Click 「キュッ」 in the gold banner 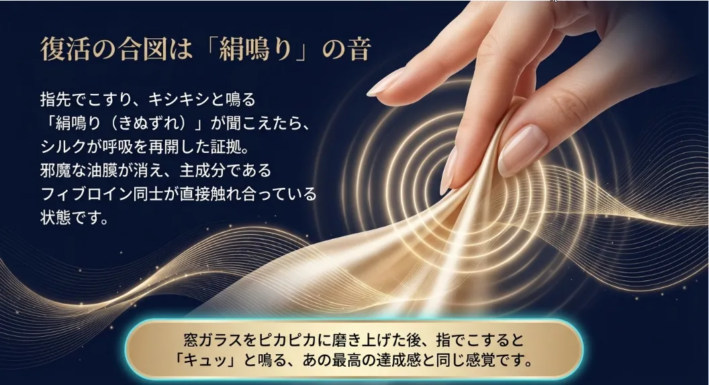point(202,362)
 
